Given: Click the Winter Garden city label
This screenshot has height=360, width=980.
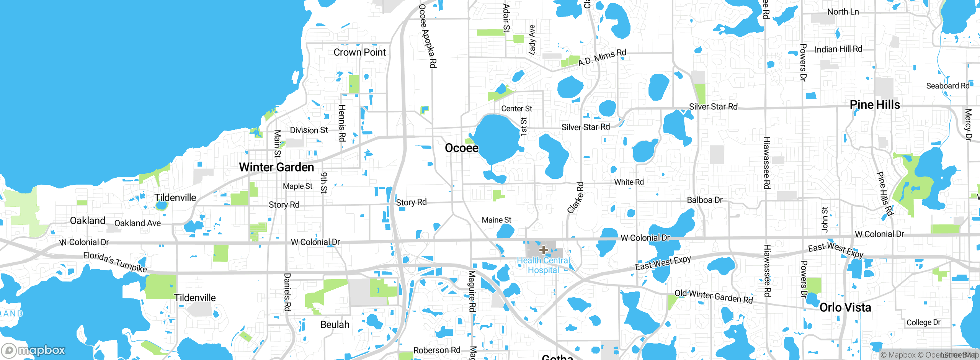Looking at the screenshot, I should tap(276, 167).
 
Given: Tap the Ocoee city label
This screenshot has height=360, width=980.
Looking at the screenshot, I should tap(461, 148).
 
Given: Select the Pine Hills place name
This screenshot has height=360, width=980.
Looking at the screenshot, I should tap(875, 105).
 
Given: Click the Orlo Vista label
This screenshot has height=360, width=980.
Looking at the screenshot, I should tap(845, 308).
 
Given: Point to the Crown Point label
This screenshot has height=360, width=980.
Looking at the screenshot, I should tap(359, 52).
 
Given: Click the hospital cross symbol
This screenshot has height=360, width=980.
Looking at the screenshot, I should tap(543, 250).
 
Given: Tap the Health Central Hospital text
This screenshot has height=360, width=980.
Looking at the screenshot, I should tap(543, 265).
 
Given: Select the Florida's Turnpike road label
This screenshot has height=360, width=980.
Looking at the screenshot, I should tap(115, 262).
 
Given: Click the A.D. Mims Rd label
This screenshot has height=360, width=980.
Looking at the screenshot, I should tap(602, 57).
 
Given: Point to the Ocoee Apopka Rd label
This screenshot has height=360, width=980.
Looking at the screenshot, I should tap(428, 36).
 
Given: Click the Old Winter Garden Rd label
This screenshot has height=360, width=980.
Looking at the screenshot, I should tap(714, 297).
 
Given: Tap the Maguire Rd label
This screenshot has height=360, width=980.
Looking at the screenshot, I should tap(472, 291).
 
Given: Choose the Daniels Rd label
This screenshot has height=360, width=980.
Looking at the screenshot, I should tap(287, 292).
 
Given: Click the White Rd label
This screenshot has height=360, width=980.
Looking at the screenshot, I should tap(629, 182).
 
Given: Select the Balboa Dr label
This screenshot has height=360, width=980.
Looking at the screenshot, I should tap(705, 200).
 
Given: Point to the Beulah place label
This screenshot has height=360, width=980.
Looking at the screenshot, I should tap(335, 325).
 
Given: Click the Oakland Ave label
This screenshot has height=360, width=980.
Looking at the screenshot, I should tap(137, 223).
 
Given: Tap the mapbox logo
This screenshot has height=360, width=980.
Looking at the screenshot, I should tap(34, 350).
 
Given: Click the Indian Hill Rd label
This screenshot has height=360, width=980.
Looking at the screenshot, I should tap(838, 49).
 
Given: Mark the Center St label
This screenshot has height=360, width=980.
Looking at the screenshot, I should tap(516, 109).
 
